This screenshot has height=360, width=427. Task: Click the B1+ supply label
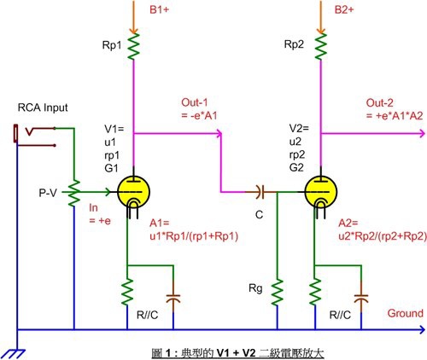[x=159, y=9]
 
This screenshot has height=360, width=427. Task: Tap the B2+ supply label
[x=344, y=9]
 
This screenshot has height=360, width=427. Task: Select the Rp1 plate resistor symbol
[x=133, y=46]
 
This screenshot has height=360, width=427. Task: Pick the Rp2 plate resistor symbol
[x=321, y=46]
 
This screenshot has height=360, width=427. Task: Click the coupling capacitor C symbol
[x=260, y=192]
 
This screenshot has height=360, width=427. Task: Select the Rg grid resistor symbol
[x=277, y=293]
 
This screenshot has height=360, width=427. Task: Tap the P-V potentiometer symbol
[x=74, y=193]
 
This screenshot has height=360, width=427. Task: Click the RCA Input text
[x=43, y=107]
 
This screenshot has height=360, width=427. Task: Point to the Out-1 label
[x=195, y=102]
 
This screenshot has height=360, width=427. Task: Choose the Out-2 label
[x=379, y=102]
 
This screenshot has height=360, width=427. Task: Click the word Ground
[x=406, y=313]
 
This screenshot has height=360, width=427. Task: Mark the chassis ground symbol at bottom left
[x=15, y=354]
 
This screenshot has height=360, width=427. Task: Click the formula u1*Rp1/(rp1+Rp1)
[x=194, y=236]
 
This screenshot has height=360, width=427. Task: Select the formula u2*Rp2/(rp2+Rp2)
[x=383, y=236]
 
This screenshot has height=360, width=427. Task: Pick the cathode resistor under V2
[x=315, y=293]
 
